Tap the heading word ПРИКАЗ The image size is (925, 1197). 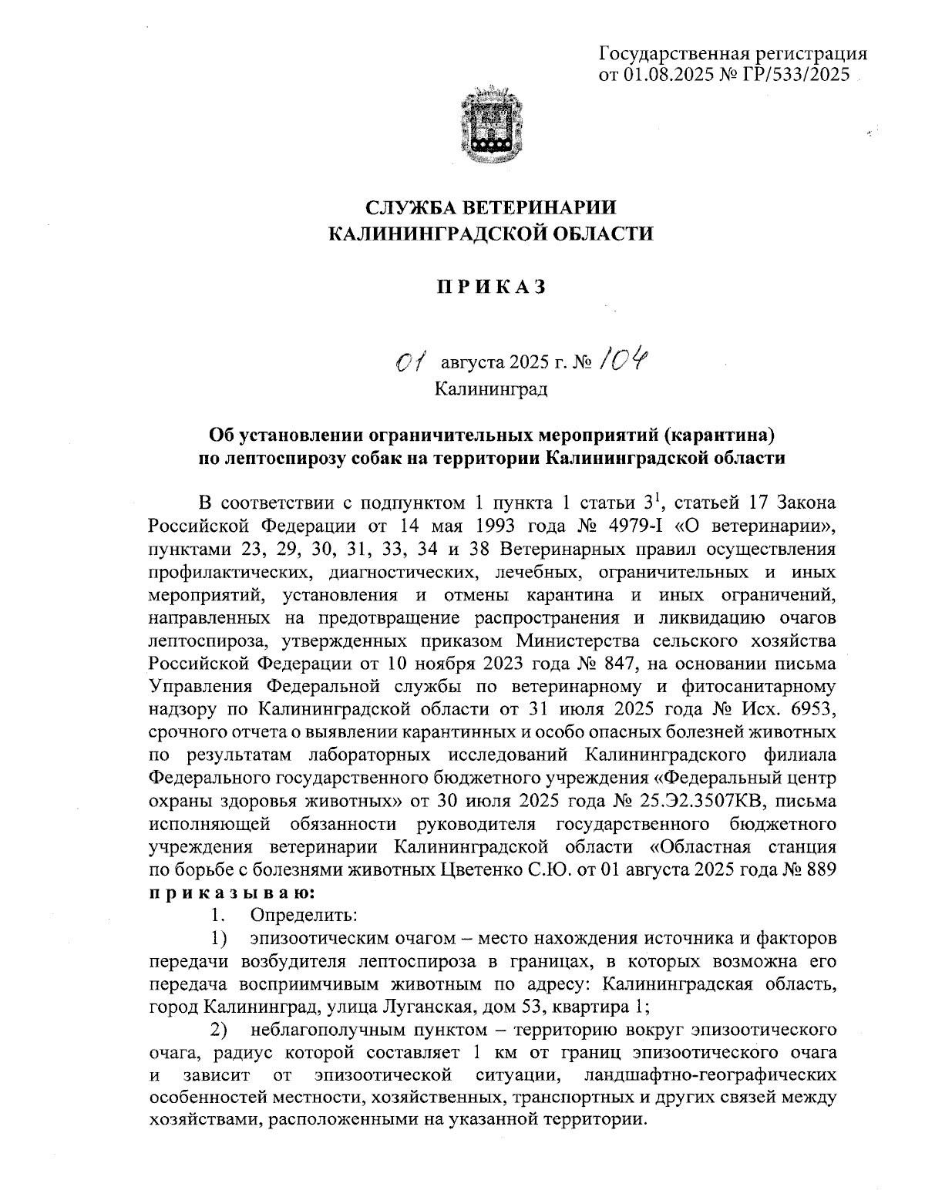point(492,287)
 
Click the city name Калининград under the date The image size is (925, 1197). point(491,388)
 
